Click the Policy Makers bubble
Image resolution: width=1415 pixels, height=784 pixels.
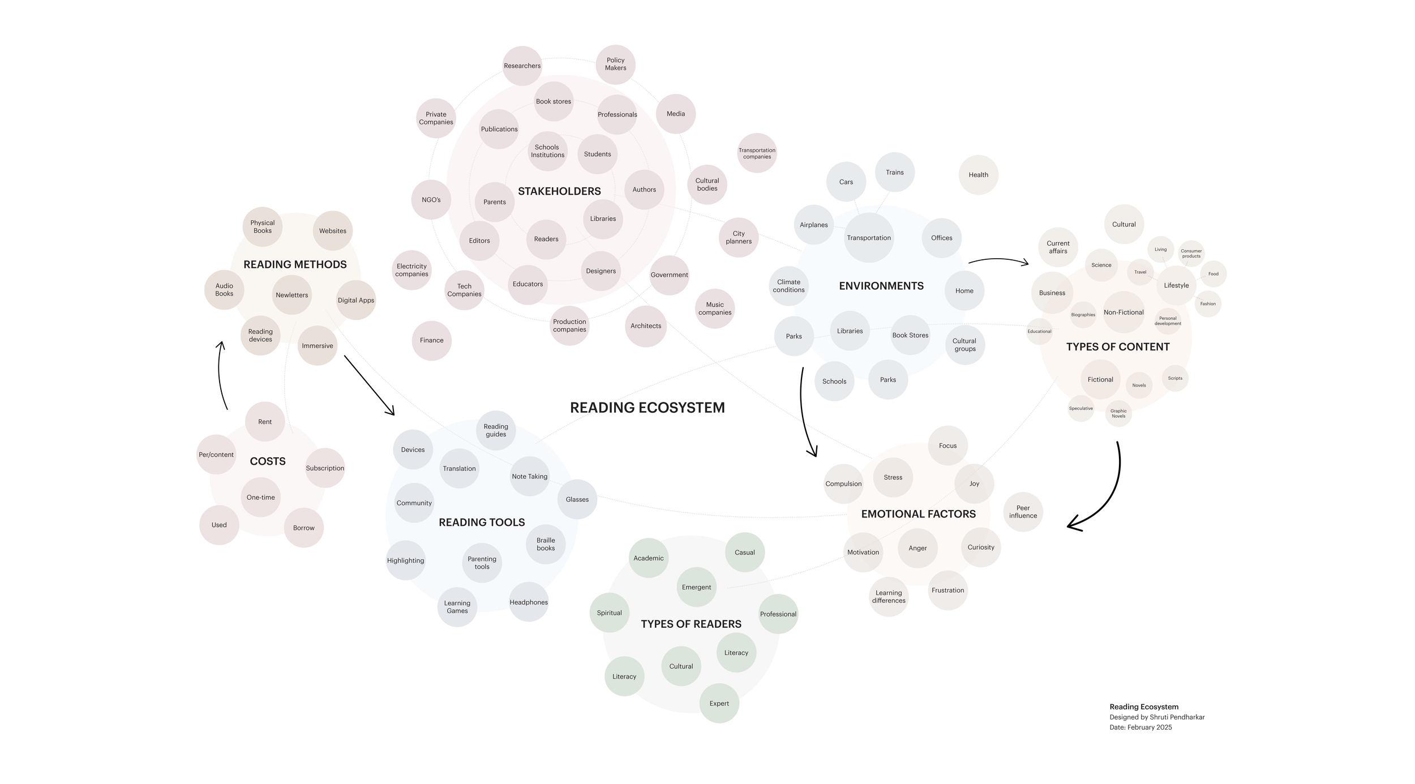pos(615,65)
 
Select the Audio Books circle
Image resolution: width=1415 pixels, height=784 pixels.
pos(224,290)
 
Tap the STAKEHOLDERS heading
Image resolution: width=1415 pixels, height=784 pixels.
pos(559,191)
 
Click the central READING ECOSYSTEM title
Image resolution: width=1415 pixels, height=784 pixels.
pos(647,408)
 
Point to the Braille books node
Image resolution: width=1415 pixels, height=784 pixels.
pos(546,545)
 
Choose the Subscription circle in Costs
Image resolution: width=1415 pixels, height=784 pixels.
pos(325,468)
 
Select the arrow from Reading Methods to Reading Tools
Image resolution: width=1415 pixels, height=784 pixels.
pos(368,385)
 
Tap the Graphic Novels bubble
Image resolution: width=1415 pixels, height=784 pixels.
pos(1118,414)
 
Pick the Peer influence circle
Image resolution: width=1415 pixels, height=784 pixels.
pos(1023,512)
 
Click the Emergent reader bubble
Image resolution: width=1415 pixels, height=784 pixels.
pos(696,587)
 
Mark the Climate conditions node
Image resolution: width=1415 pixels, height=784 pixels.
pos(788,286)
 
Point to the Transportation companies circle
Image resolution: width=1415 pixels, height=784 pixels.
pos(757,153)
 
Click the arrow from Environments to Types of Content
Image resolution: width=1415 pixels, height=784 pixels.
pos(998,261)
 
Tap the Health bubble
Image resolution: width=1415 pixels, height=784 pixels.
pos(978,175)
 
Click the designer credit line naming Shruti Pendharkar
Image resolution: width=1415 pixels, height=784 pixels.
pos(1157,717)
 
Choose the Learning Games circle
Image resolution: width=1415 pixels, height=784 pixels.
pos(457,607)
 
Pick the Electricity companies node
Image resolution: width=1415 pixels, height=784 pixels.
pos(411,270)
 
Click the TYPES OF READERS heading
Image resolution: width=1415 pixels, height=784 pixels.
pos(691,624)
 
